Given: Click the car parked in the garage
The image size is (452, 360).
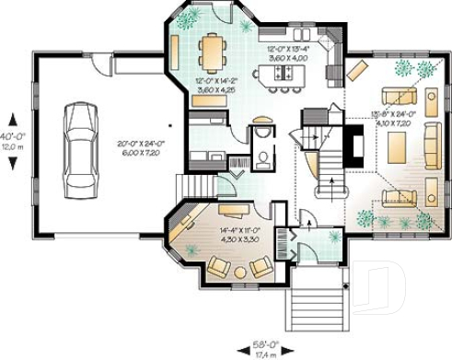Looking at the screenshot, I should [79, 142].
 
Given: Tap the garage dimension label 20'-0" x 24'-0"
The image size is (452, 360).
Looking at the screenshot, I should [139, 148].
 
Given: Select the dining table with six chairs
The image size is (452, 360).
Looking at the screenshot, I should [211, 52].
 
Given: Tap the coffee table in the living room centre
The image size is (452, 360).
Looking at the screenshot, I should [397, 146].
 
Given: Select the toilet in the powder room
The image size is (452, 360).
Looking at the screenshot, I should [263, 157].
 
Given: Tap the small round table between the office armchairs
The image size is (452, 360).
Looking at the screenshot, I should [241, 272].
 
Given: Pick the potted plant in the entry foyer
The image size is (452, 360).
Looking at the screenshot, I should [333, 238].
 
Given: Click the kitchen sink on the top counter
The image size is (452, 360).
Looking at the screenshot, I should [307, 31].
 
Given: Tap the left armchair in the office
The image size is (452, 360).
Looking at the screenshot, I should [219, 267].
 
